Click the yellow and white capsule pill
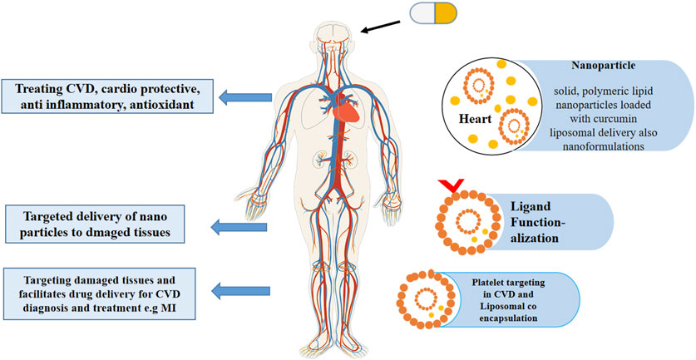coord(434,12)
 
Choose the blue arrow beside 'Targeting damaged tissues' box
coord(239,290)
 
